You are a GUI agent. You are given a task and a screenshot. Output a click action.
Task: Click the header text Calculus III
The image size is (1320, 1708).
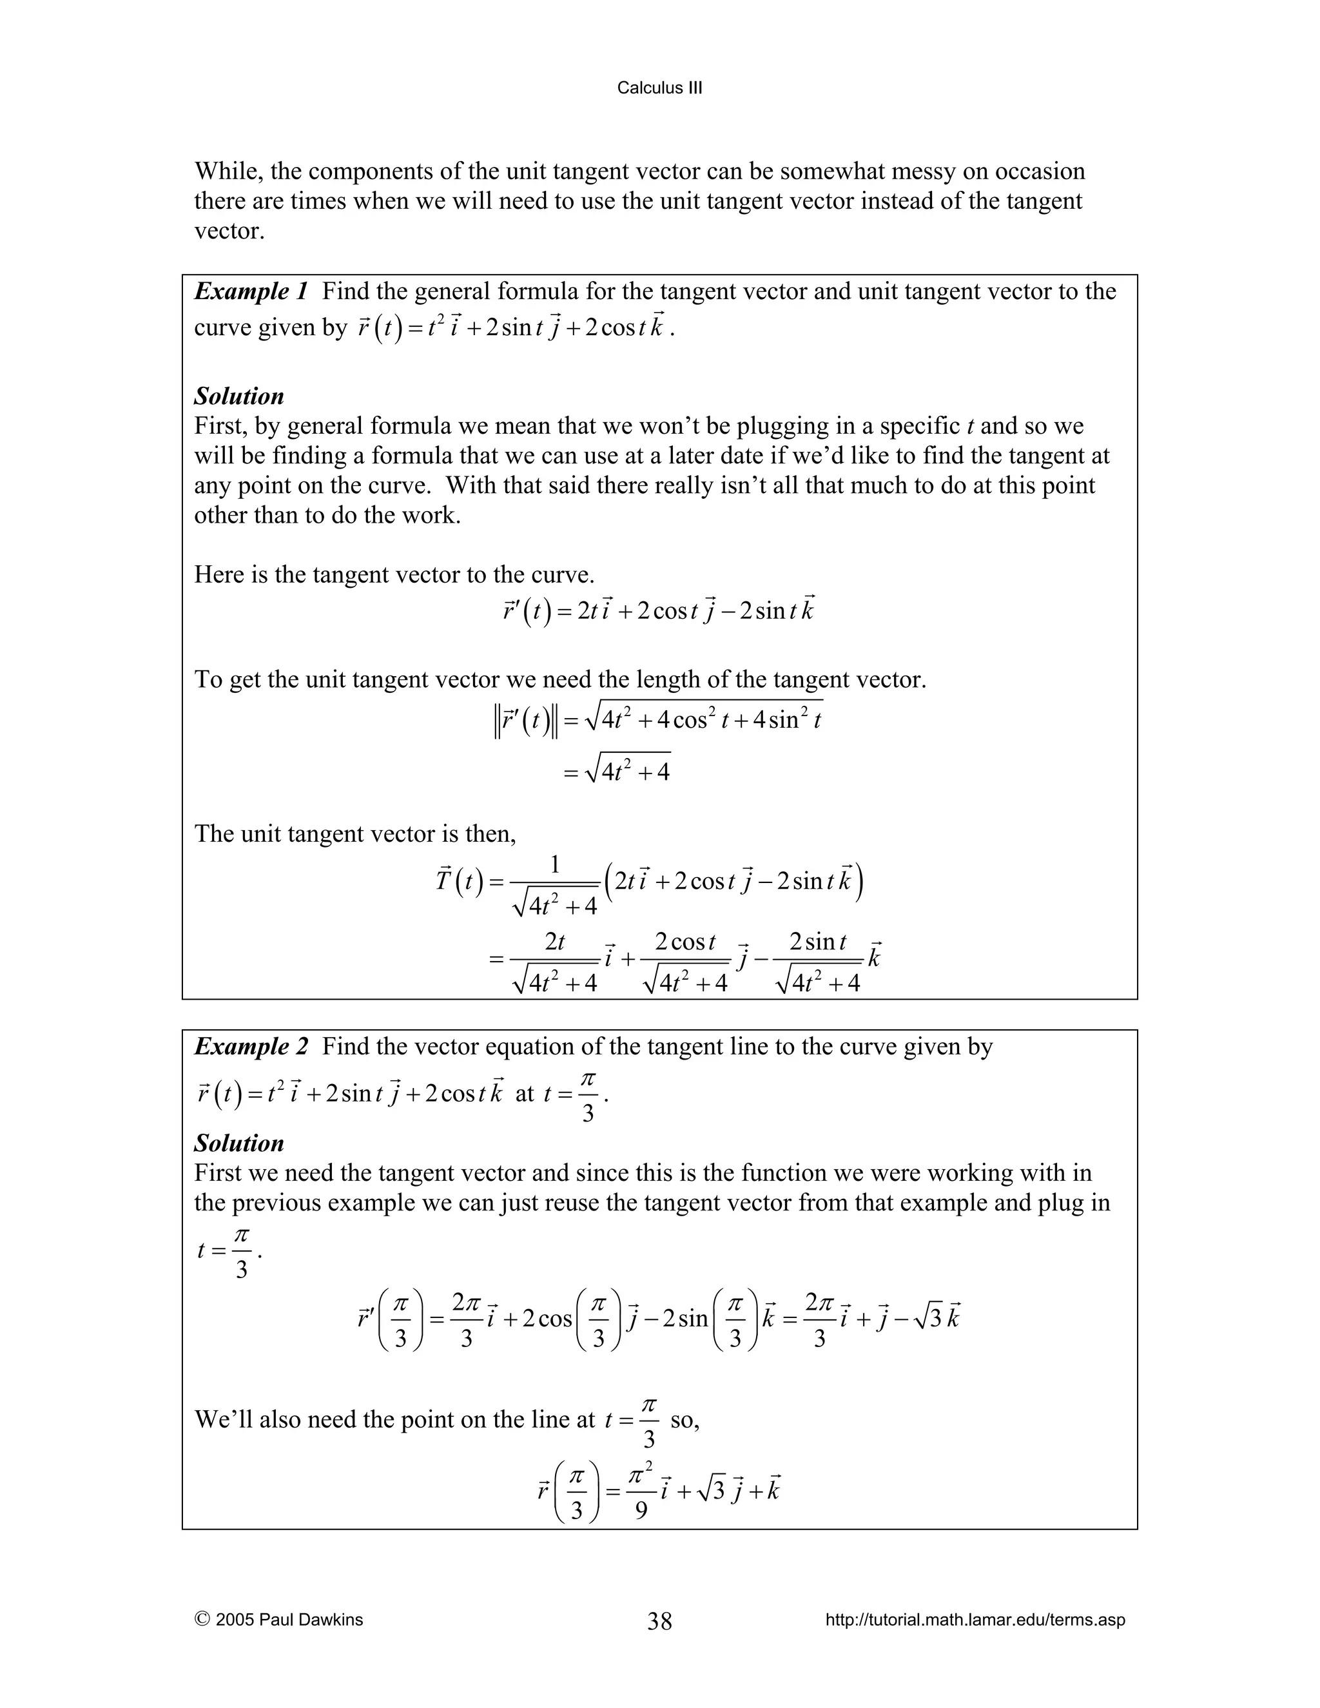659,88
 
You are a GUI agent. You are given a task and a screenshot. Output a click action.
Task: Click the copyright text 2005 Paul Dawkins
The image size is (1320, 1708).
289,1620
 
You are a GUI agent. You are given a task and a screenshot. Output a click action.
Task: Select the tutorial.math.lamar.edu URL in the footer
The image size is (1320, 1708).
975,1620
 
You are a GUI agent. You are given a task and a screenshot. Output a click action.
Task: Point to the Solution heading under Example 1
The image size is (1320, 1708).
238,396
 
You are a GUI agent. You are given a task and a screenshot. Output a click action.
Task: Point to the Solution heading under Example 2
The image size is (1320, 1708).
238,1143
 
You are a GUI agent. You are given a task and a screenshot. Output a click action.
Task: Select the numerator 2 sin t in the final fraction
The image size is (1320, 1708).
817,942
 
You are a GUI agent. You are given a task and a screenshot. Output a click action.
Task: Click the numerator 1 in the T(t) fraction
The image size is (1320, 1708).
554,865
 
